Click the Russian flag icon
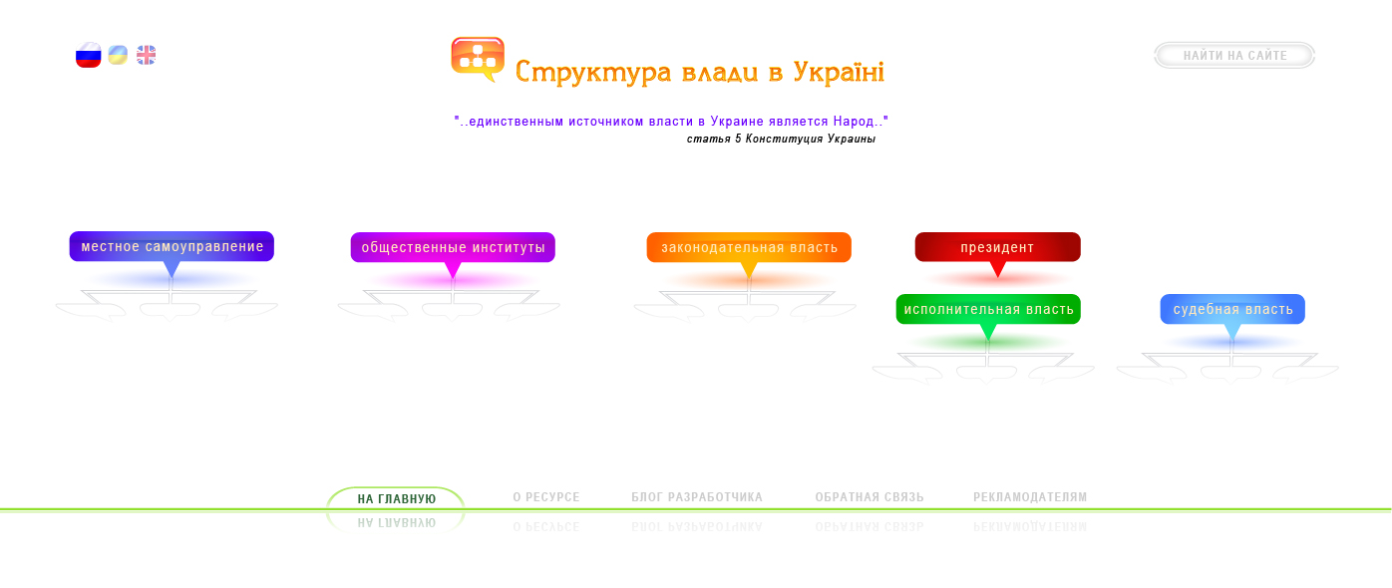(x=89, y=56)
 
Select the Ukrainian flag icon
(x=118, y=55)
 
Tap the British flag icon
(x=146, y=55)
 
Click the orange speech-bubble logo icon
(x=478, y=58)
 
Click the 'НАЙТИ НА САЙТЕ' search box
(x=1234, y=56)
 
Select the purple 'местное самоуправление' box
(x=172, y=246)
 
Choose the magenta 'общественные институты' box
(x=453, y=247)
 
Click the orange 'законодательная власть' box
(x=749, y=247)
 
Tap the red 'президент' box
(x=997, y=247)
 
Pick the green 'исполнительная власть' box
(x=988, y=309)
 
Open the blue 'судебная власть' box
(x=1232, y=309)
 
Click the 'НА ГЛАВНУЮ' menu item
(x=397, y=498)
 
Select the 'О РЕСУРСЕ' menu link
(x=546, y=497)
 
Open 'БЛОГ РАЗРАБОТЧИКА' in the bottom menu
(x=697, y=497)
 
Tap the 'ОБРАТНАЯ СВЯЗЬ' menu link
(x=870, y=497)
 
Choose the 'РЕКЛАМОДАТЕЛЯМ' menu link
(x=1030, y=497)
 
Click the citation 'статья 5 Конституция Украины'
(x=781, y=139)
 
